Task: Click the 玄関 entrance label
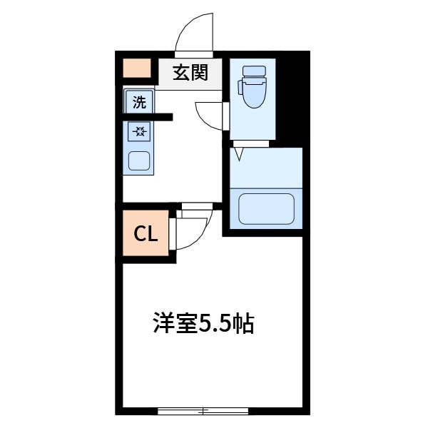click(x=189, y=72)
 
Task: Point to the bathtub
click(x=266, y=209)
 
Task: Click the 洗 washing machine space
click(x=138, y=102)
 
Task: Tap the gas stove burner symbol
click(x=138, y=131)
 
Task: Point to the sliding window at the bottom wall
click(x=203, y=411)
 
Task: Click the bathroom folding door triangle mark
click(x=239, y=152)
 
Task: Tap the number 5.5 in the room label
click(x=213, y=325)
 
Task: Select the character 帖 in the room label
click(x=244, y=325)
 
